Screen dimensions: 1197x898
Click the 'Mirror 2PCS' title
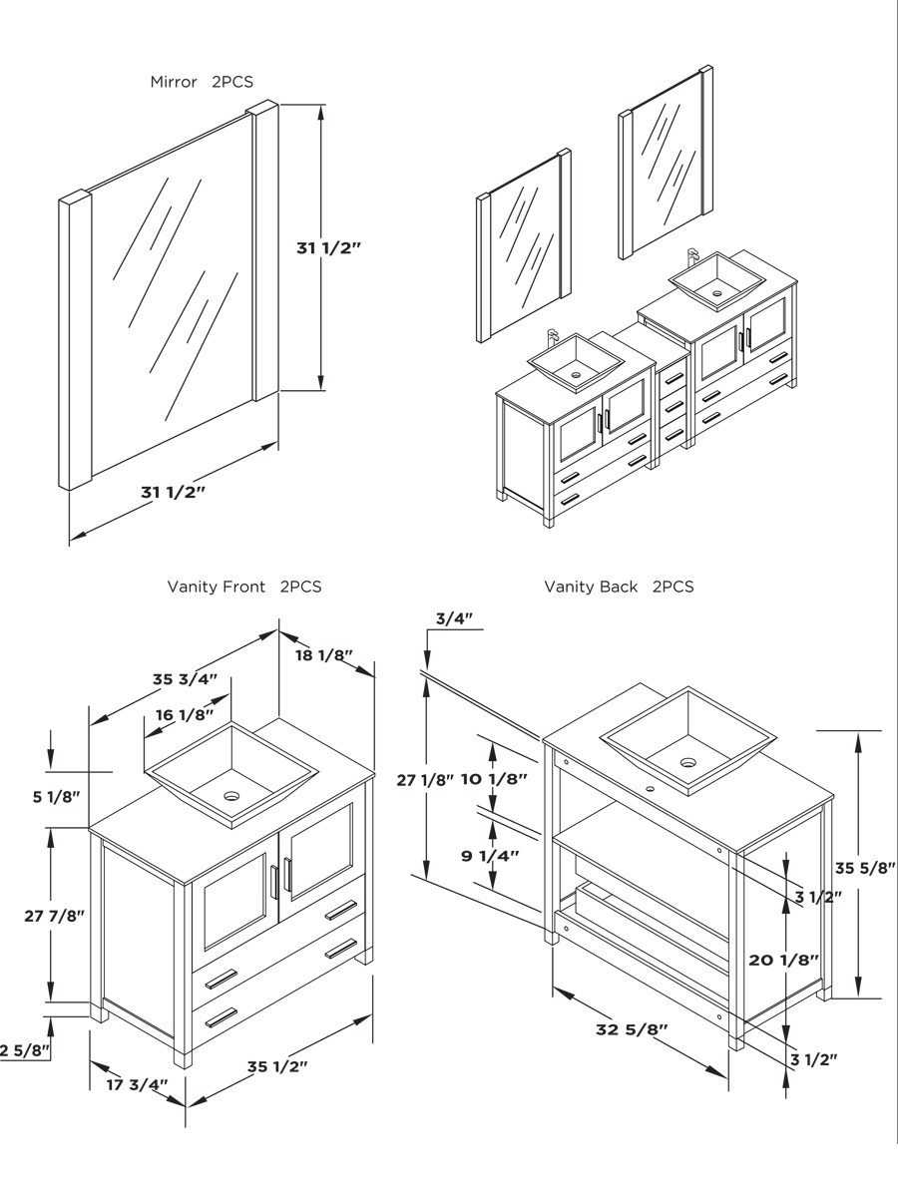208,82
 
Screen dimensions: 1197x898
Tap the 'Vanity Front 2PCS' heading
243,587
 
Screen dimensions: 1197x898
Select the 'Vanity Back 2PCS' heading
618,587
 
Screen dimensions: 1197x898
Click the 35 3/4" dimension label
186,679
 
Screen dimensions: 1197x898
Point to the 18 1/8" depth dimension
324,655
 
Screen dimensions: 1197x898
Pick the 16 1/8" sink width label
185,714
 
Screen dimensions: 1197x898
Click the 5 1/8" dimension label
56,796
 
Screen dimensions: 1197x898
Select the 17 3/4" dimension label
137,1084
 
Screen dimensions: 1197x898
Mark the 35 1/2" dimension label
277,1065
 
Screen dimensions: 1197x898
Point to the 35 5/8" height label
865,868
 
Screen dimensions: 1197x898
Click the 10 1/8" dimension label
494,779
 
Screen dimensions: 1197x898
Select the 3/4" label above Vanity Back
454,618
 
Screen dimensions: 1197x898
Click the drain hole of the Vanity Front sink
231,797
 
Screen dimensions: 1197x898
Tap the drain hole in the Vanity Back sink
687,762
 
